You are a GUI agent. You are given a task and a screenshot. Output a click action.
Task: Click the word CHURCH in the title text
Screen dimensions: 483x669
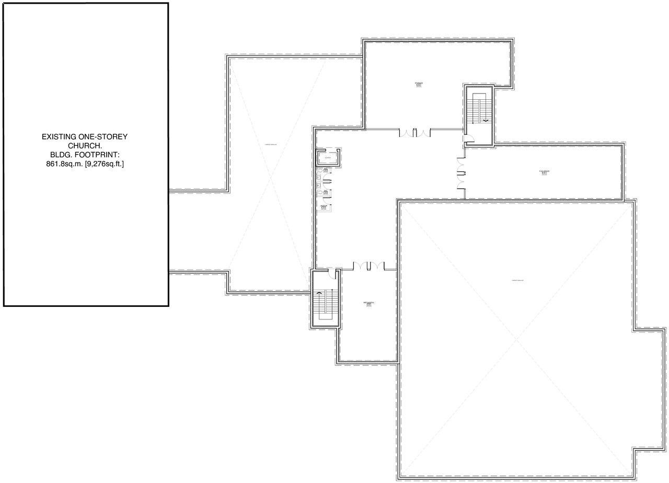pyautogui.click(x=85, y=146)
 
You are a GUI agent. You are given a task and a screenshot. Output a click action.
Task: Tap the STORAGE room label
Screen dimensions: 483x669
pyautogui.click(x=419, y=84)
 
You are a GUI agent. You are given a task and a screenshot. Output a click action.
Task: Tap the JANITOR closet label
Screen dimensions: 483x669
pyautogui.click(x=324, y=206)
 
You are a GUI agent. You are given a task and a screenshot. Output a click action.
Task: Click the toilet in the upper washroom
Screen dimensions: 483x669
pyautogui.click(x=319, y=171)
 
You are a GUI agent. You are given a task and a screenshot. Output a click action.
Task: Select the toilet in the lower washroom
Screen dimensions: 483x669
pyautogui.click(x=319, y=193)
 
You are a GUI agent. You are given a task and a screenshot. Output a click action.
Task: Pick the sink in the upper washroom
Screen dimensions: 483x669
pyautogui.click(x=326, y=170)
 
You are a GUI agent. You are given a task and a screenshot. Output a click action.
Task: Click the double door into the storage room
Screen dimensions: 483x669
pyautogui.click(x=416, y=133)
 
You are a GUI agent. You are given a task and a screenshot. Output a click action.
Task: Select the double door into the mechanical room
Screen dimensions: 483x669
pyautogui.click(x=368, y=266)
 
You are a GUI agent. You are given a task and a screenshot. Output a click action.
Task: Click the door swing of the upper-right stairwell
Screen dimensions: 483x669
pyautogui.click(x=468, y=139)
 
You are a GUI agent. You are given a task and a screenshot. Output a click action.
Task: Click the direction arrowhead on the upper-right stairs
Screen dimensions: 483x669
pyautogui.click(x=486, y=121)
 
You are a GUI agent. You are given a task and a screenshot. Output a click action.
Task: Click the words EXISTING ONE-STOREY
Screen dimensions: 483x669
pyautogui.click(x=85, y=137)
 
